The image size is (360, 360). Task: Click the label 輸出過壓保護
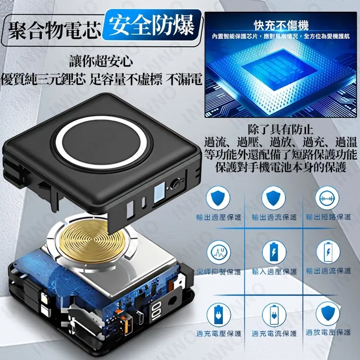coord(218,217)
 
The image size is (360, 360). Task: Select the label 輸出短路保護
coord(328,217)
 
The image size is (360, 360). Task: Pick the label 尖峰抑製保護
coord(218,271)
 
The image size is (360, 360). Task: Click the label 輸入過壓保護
coord(274,271)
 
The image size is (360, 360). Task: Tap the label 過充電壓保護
coord(218,334)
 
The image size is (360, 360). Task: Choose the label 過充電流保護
coord(274,334)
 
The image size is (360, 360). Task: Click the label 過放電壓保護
coord(328,332)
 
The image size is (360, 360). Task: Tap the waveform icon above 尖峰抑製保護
coord(218,252)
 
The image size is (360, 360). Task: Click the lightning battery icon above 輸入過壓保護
coord(274,252)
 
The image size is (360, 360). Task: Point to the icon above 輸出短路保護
coord(328,198)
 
